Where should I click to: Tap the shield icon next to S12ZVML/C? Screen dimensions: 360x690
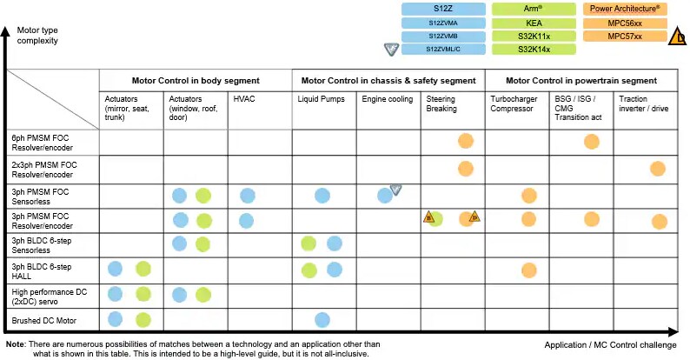pyautogui.click(x=392, y=49)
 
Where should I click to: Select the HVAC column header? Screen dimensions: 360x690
pyautogui.click(x=244, y=100)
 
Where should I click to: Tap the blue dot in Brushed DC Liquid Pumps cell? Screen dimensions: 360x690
pyautogui.click(x=322, y=320)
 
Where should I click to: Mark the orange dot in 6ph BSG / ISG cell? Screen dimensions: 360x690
pyautogui.click(x=593, y=141)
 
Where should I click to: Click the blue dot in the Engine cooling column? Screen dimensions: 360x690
pyautogui.click(x=385, y=195)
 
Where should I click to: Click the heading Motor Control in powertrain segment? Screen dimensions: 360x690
pyautogui.click(x=581, y=80)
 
